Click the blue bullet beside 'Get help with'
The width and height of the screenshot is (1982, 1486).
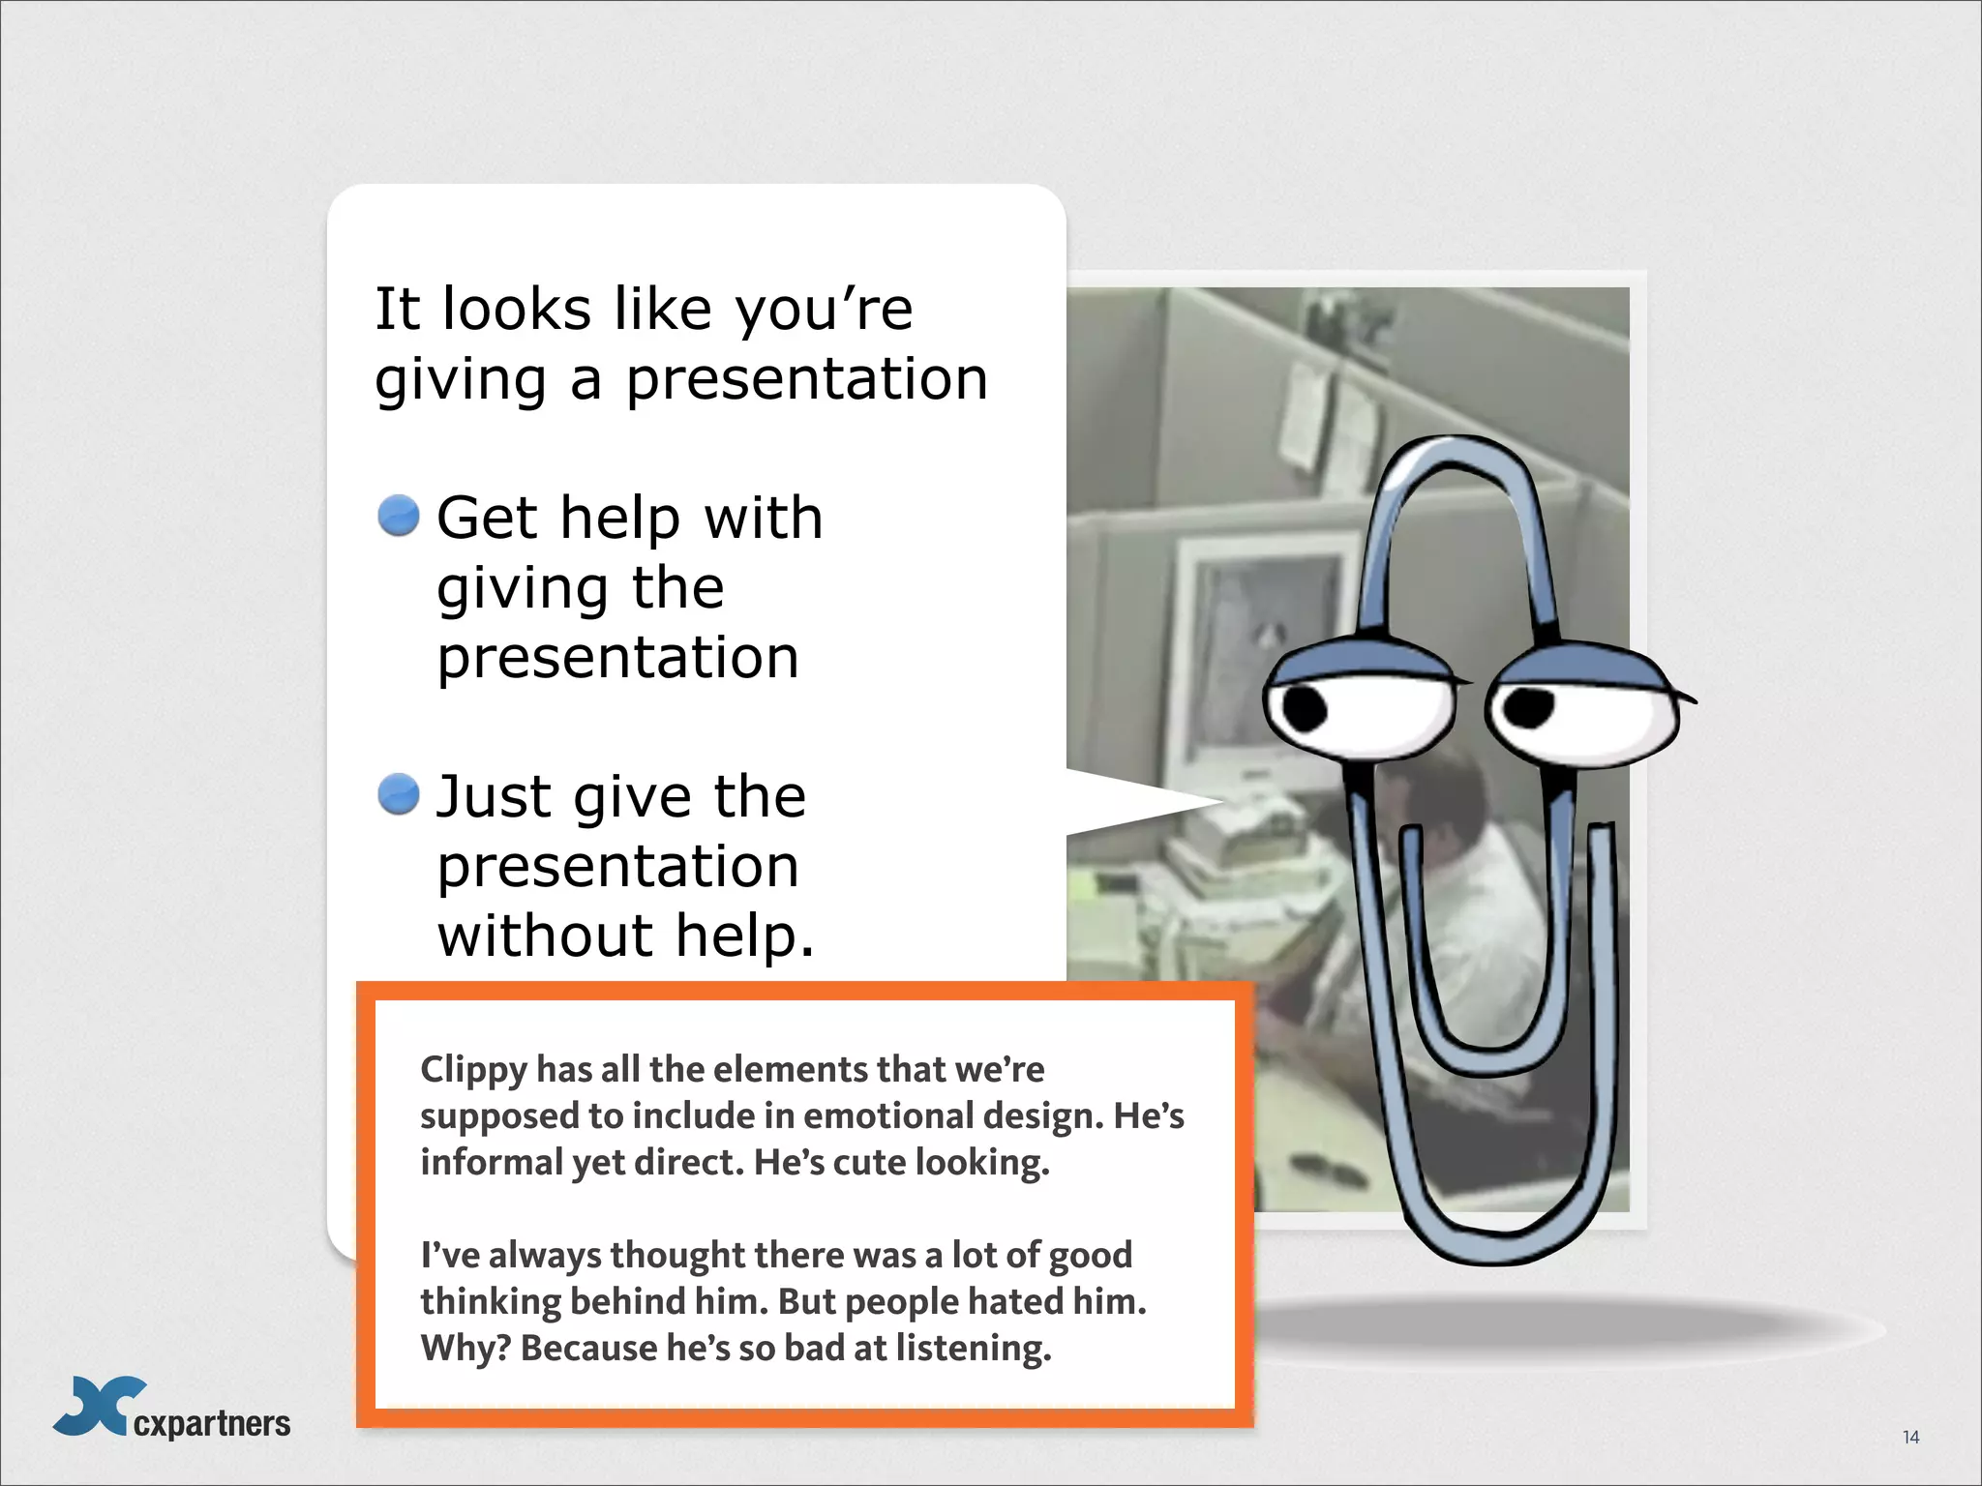click(x=398, y=516)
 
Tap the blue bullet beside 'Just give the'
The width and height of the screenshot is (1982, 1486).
click(x=398, y=794)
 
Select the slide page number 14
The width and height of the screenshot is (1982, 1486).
click(x=1910, y=1437)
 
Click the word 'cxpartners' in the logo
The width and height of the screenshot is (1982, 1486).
click(x=212, y=1423)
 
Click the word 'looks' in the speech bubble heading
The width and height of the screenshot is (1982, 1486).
click(x=516, y=310)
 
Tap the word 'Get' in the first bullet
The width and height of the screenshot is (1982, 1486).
click(x=487, y=518)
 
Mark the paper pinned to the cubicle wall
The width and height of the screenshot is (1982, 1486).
click(x=1306, y=416)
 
